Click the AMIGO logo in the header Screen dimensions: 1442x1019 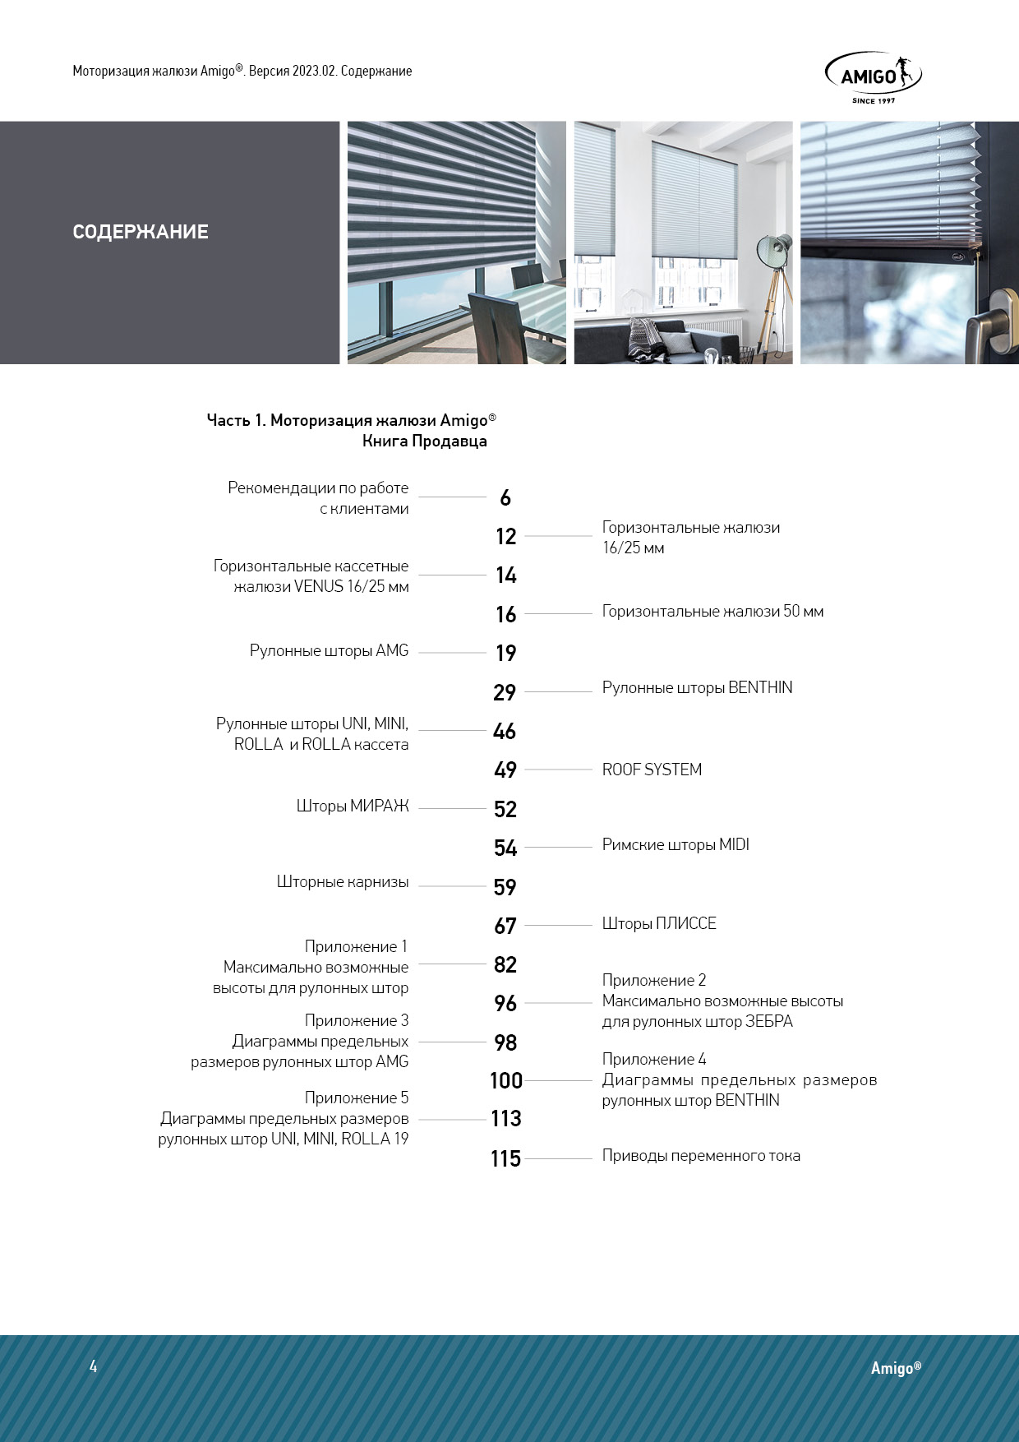873,77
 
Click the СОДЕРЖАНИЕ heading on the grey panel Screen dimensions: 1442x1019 141,232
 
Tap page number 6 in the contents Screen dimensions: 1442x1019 505,498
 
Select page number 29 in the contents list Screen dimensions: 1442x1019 505,693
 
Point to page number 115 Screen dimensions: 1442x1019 505,1159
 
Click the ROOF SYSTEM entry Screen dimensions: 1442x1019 652,770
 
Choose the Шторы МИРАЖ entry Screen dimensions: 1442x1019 353,807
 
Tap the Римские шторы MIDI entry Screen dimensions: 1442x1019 675,845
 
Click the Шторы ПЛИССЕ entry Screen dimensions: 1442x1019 659,924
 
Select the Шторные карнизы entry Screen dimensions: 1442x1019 343,882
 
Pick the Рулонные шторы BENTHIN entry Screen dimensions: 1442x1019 697,688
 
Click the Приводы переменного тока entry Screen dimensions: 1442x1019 701,1156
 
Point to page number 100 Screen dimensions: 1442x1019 505,1081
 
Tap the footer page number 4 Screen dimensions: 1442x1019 94,1366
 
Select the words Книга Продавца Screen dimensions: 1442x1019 424,441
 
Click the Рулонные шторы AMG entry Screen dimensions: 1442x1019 329,651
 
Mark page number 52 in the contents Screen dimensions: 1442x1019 505,810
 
